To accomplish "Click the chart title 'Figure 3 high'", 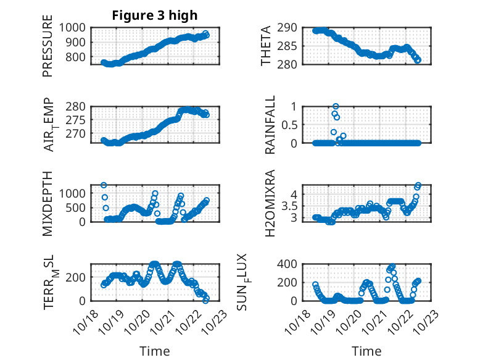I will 155,15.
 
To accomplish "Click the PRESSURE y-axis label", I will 48,51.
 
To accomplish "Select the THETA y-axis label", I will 265,46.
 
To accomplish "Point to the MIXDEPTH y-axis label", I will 48,203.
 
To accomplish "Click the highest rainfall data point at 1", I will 336,106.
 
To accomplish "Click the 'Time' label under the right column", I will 366,351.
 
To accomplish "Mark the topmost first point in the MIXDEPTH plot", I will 104,185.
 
